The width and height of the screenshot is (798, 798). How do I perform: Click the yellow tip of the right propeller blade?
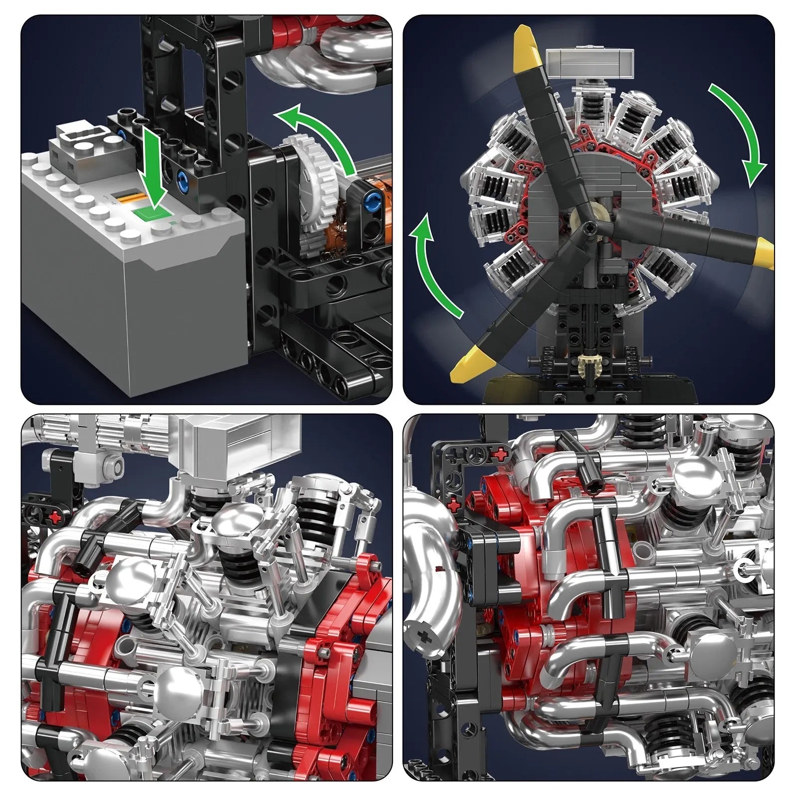(x=766, y=252)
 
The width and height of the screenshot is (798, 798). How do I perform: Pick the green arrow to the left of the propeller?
(x=439, y=269)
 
